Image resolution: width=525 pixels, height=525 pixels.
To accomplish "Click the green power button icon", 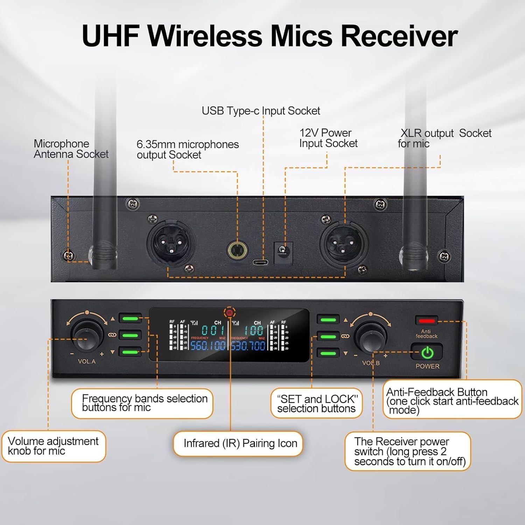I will click(427, 353).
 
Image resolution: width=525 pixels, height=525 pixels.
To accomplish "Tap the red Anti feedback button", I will click(427, 321).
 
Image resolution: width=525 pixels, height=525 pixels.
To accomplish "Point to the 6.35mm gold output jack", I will click(237, 250).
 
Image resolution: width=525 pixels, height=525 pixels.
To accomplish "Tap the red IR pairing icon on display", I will click(230, 313).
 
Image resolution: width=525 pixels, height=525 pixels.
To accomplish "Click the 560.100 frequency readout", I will click(208, 346).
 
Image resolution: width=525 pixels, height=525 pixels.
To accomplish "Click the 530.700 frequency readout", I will click(248, 346).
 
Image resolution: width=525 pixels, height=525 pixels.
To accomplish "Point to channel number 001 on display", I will click(213, 330).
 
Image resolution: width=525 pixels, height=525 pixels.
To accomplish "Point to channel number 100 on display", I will click(254, 330).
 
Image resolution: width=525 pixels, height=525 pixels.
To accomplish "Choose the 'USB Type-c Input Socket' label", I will click(261, 111).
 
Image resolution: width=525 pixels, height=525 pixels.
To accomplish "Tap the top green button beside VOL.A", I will click(130, 318).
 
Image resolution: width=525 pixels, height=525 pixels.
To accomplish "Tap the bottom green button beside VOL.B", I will click(328, 352).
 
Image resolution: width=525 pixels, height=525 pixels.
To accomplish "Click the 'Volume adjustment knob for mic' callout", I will click(53, 446).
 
